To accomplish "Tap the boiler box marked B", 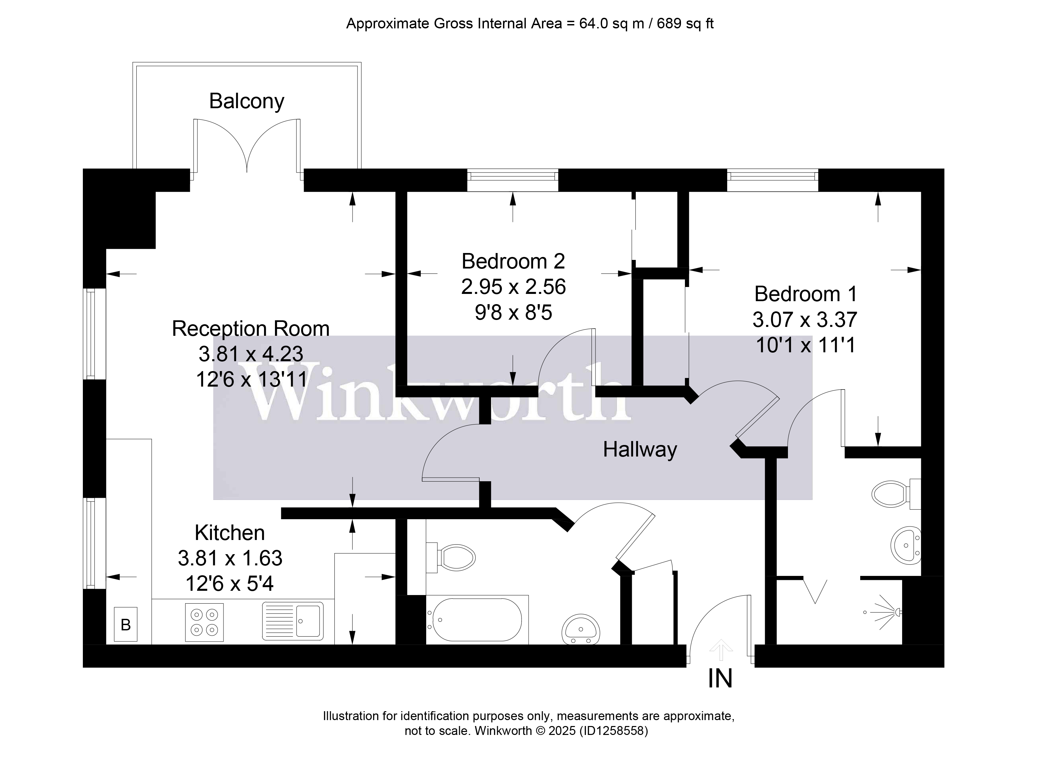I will [125, 624].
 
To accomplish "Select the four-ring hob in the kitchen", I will [204, 622].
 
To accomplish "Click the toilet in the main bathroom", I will [455, 557].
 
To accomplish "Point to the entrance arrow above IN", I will [720, 649].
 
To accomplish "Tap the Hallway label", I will [640, 450].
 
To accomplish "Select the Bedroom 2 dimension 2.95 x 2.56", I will [513, 287].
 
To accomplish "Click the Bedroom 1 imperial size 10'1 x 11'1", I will [805, 345].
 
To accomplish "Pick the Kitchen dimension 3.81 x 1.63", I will [230, 558].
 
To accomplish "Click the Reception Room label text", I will [251, 329].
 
